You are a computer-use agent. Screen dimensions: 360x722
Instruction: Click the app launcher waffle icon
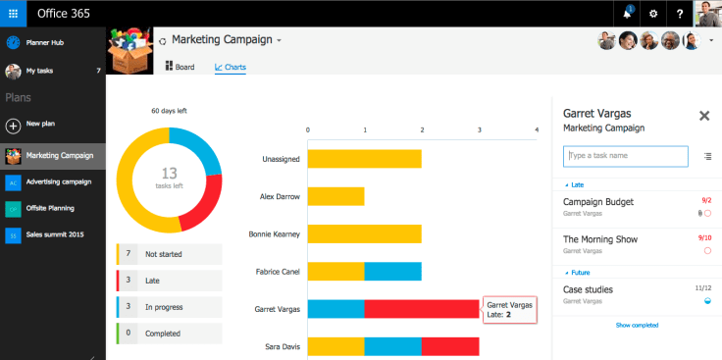[13, 14]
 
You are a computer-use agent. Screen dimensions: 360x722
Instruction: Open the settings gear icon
[653, 14]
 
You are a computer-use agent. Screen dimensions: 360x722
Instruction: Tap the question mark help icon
[680, 14]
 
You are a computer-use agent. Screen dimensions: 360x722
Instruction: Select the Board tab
[180, 67]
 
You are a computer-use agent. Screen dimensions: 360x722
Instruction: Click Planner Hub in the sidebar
[44, 42]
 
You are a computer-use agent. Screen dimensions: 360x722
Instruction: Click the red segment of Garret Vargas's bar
[422, 309]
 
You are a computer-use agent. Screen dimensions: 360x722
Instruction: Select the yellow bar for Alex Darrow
[335, 196]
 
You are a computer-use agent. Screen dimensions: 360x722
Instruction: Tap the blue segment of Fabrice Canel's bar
[392, 271]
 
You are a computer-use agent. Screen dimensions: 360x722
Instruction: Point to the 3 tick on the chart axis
[480, 129]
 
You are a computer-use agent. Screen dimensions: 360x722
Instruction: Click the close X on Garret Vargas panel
[703, 116]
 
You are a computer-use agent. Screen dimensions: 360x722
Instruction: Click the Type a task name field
[626, 156]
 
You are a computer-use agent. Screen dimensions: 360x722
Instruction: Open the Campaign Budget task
[598, 201]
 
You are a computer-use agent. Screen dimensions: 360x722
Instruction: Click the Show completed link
[637, 325]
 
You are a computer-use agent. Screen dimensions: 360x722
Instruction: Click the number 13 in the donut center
[169, 173]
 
